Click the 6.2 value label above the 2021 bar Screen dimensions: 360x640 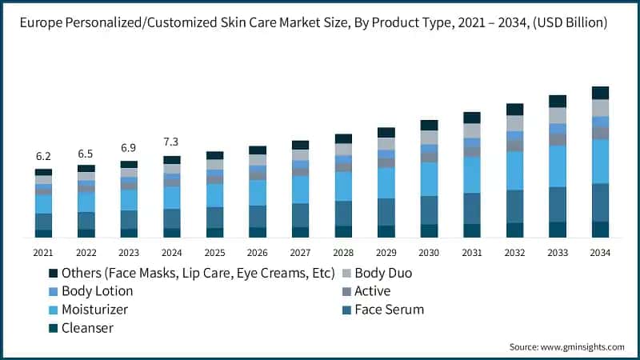pyautogui.click(x=43, y=156)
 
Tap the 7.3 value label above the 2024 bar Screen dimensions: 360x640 pyautogui.click(x=172, y=142)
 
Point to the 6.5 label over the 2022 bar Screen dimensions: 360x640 pyautogui.click(x=86, y=153)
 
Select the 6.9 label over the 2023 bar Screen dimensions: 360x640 pyautogui.click(x=129, y=148)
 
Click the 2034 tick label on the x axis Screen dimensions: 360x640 pyautogui.click(x=600, y=253)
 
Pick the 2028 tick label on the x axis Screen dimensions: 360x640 pyautogui.click(x=343, y=253)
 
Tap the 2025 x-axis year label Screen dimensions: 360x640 pyautogui.click(x=214, y=253)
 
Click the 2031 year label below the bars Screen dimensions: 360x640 pyautogui.click(x=472, y=253)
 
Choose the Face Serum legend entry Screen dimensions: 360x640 pyautogui.click(x=389, y=310)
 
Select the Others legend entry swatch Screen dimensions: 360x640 pyautogui.click(x=53, y=274)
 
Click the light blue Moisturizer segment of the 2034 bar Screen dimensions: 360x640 pyautogui.click(x=600, y=161)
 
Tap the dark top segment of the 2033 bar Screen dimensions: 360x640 pyautogui.click(x=558, y=101)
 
